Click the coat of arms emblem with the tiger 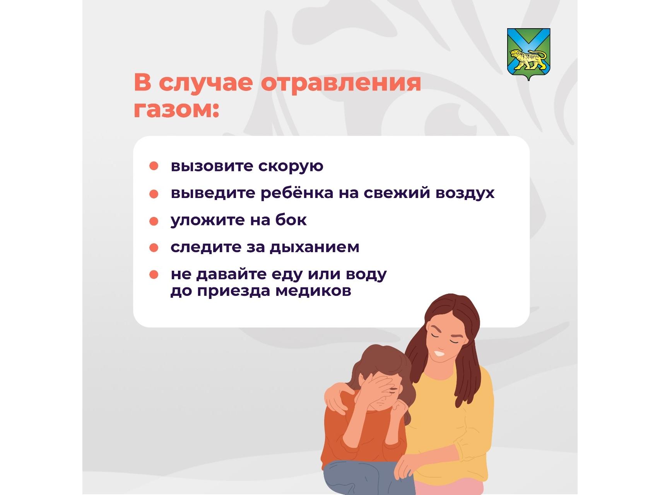[x=528, y=54]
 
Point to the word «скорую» [x=291, y=166]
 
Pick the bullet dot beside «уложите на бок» [x=154, y=221]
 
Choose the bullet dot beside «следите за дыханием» [x=154, y=248]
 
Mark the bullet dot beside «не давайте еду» [x=154, y=275]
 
